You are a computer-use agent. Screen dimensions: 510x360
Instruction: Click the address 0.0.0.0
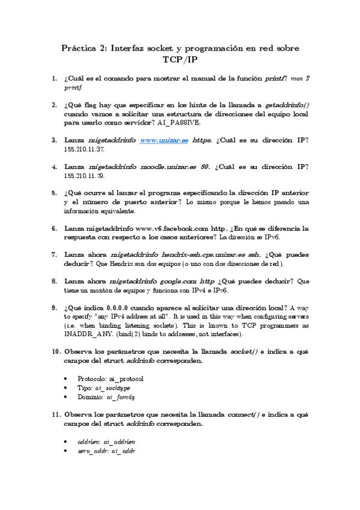coord(119,308)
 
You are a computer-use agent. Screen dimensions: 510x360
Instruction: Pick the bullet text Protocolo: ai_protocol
coord(111,378)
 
